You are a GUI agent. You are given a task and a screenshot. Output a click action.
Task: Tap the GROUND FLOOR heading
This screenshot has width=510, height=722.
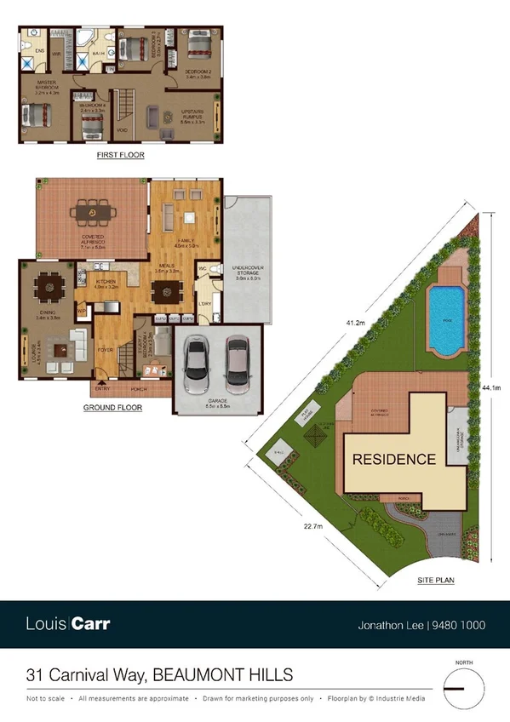click(112, 408)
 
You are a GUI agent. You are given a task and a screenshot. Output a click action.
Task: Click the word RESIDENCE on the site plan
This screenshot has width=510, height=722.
click(394, 459)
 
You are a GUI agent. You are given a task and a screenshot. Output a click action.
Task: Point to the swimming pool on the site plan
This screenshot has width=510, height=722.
click(445, 319)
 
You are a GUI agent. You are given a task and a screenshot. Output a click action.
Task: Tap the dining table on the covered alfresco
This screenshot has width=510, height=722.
click(89, 212)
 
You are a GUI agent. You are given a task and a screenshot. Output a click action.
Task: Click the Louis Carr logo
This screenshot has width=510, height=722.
click(67, 624)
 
